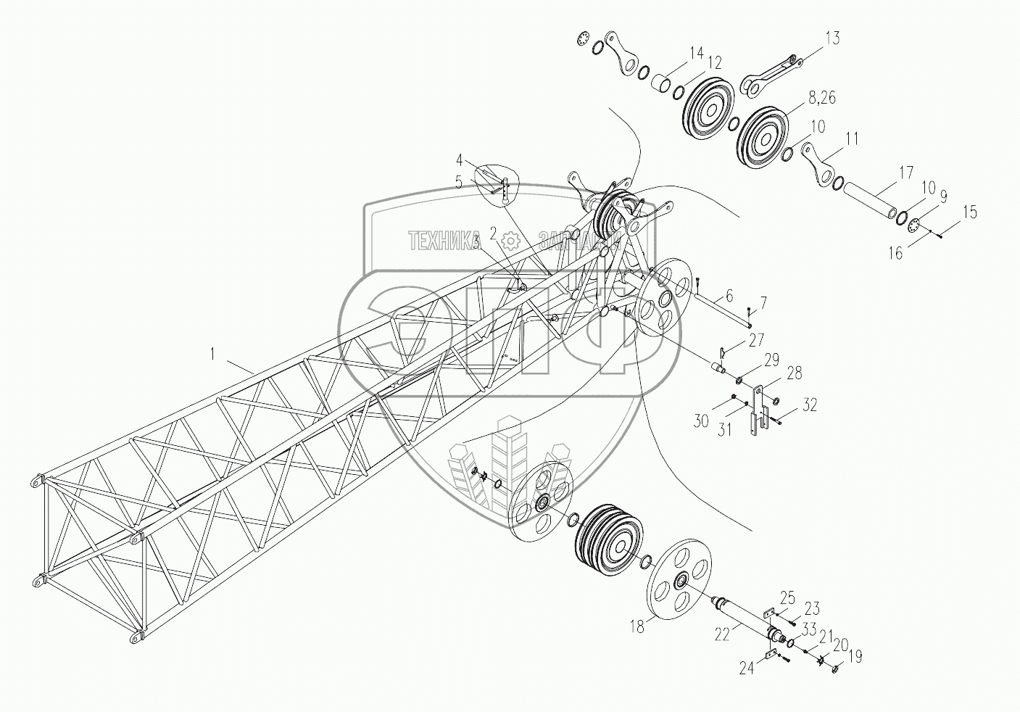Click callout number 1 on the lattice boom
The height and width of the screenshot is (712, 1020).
[212, 355]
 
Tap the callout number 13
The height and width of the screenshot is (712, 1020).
[832, 38]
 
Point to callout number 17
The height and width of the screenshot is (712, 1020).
[905, 174]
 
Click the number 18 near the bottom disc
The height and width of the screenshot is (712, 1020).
[637, 627]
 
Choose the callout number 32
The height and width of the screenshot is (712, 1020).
[810, 405]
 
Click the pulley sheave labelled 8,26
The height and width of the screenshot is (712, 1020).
[763, 138]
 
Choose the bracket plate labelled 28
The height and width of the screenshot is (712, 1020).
[757, 410]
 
